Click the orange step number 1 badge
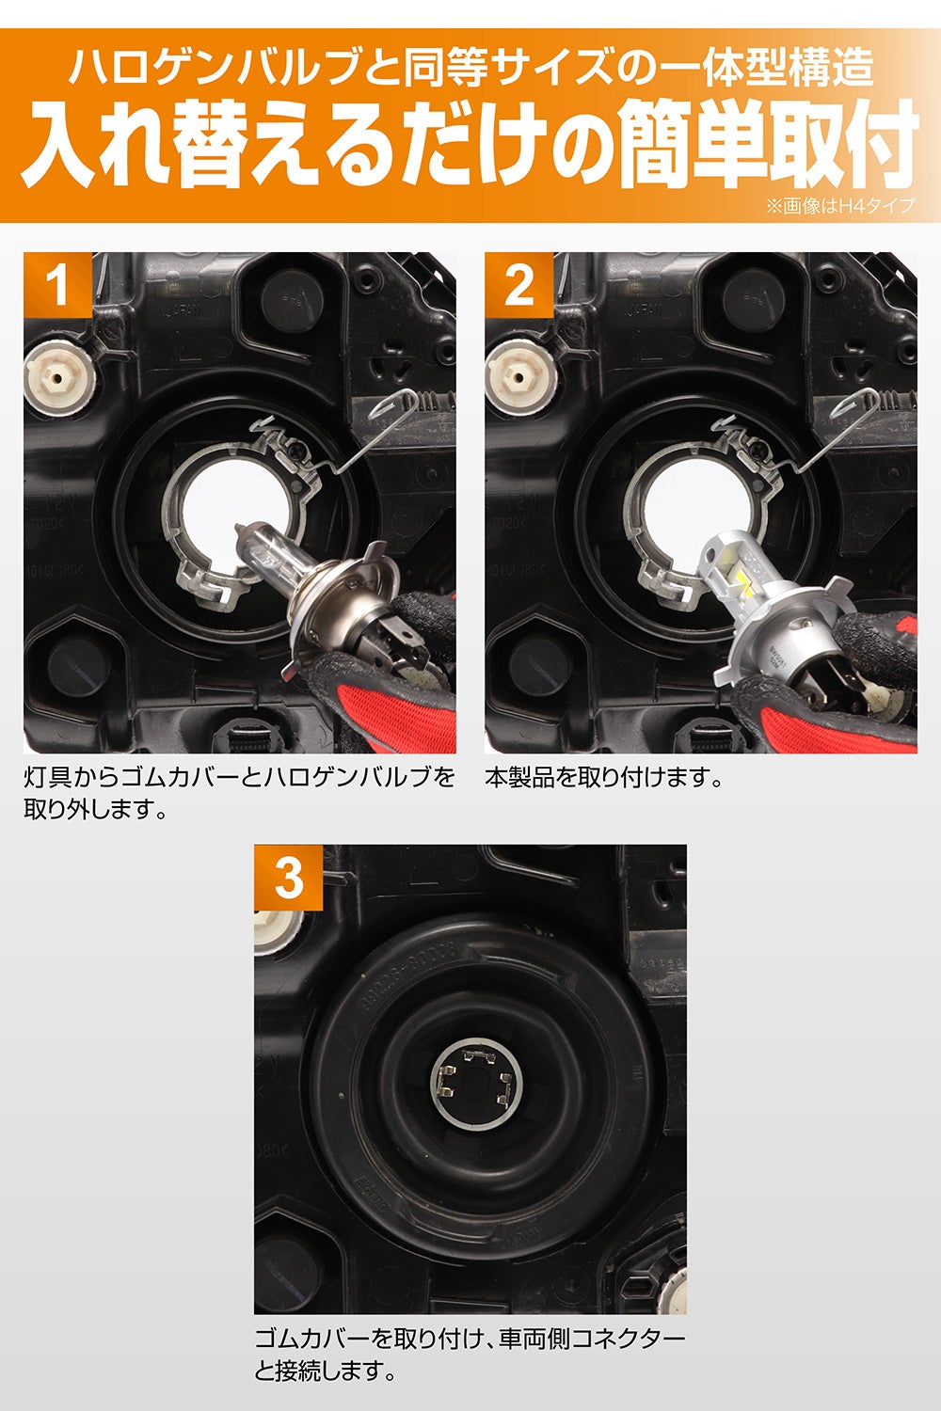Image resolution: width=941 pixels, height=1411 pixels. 58,285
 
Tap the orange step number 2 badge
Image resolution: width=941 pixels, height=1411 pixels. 518,285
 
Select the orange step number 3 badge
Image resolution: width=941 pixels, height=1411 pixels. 289,878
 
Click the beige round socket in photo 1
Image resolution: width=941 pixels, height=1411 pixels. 59,378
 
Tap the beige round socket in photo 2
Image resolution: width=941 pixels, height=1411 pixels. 520,378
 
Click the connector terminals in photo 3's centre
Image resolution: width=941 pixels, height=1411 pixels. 476,1077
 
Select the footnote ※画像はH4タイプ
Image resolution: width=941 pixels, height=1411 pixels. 840,205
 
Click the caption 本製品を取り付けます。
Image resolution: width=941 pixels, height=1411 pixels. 604,778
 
